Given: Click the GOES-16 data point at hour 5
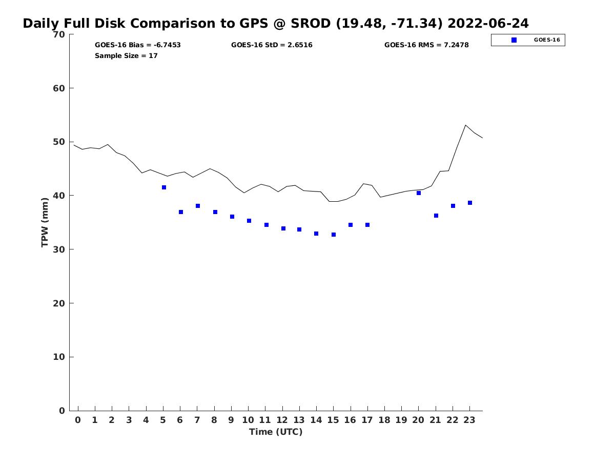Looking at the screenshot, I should coord(164,187).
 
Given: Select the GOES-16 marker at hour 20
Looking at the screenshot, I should coord(419,193).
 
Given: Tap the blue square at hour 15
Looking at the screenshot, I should coord(334,235).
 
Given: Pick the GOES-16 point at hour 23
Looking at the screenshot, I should coord(470,203).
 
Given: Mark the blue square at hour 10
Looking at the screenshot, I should coord(249,221).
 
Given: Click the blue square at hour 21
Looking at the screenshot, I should coord(436,216).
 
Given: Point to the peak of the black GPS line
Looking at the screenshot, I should coord(465,125).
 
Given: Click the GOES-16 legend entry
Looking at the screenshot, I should coord(528,40).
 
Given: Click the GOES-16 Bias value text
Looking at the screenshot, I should coord(138,45).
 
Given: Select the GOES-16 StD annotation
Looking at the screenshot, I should coord(272,45).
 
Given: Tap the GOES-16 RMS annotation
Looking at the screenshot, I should coord(426,45).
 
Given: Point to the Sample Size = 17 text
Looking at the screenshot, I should coord(126,56).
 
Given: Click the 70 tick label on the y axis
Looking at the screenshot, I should coord(59,34).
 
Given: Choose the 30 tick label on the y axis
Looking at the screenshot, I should coord(59,249).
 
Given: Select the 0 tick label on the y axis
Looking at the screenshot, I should coord(62,411).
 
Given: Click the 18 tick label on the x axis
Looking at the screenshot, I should coord(384,420).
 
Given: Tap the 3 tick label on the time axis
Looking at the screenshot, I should coord(129,420).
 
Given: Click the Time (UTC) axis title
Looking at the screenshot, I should coord(276,432).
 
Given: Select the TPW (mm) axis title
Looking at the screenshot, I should coord(45,222).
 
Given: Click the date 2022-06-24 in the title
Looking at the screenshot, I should coord(488,24).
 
